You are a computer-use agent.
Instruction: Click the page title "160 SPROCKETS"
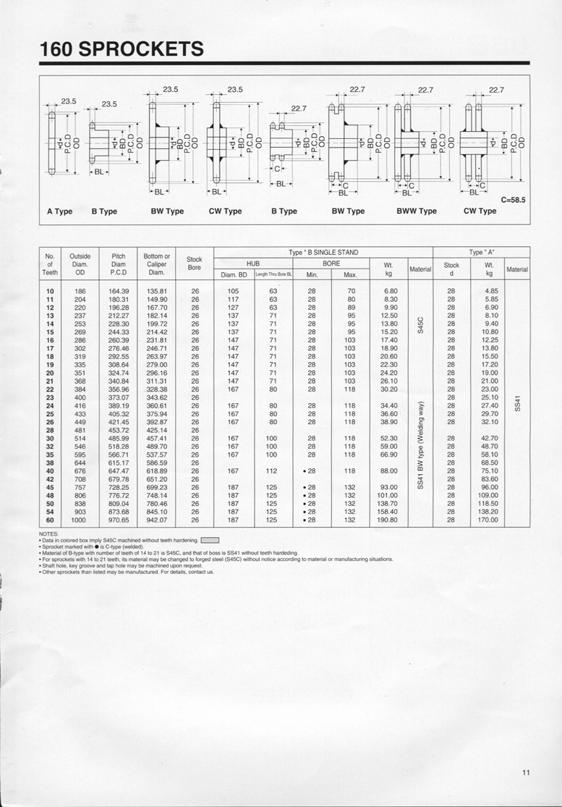(x=122, y=49)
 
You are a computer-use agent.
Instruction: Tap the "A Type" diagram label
(x=60, y=211)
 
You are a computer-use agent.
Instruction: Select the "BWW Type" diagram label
(x=417, y=211)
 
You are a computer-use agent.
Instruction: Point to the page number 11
(x=526, y=773)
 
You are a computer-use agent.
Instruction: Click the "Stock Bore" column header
(x=195, y=263)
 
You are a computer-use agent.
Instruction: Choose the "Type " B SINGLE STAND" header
(x=323, y=252)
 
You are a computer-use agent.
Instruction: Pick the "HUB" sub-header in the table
(x=253, y=263)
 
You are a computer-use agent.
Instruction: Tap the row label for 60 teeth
(x=50, y=520)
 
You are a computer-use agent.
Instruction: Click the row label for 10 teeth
(x=50, y=291)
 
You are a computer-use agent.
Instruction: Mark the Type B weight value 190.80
(x=388, y=520)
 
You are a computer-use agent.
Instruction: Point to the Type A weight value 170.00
(x=490, y=520)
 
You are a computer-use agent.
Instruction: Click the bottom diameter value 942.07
(x=157, y=520)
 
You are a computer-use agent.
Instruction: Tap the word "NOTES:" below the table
(x=50, y=533)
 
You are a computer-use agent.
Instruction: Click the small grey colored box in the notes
(x=209, y=540)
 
